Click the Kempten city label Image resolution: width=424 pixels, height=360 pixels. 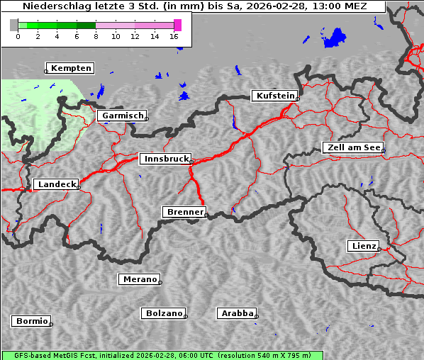71,68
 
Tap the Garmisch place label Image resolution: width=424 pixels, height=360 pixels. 123,116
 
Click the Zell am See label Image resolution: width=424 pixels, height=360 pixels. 353,147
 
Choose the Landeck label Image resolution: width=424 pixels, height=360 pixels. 56,184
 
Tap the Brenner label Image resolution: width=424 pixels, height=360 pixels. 185,212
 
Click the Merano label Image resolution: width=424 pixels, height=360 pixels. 139,279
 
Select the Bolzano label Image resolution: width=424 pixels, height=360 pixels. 164,313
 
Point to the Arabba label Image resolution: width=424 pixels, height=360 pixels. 237,313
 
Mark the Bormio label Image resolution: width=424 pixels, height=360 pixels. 32,321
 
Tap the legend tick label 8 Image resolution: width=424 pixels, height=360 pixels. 96,36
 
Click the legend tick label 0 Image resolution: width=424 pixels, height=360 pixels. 18,36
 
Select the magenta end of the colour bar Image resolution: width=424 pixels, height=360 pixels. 177,25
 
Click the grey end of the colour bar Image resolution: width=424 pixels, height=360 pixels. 14,25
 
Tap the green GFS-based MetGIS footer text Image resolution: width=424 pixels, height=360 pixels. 162,355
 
